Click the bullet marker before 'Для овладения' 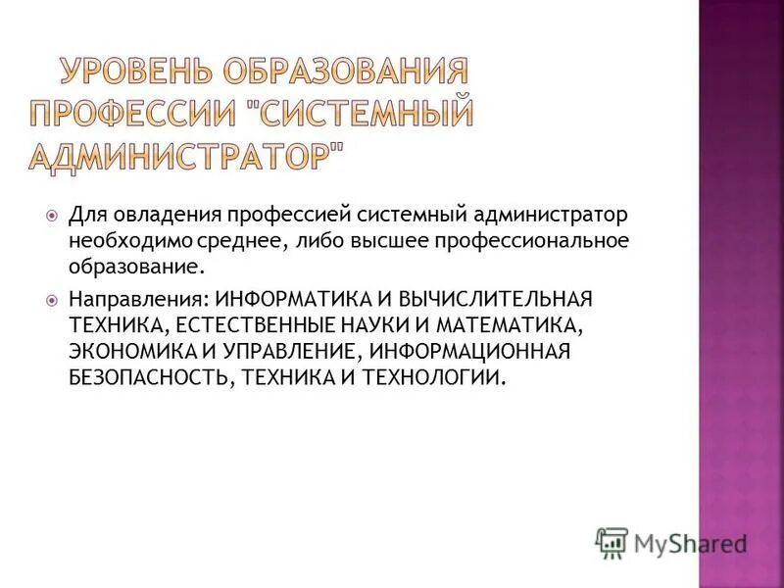(52, 214)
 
